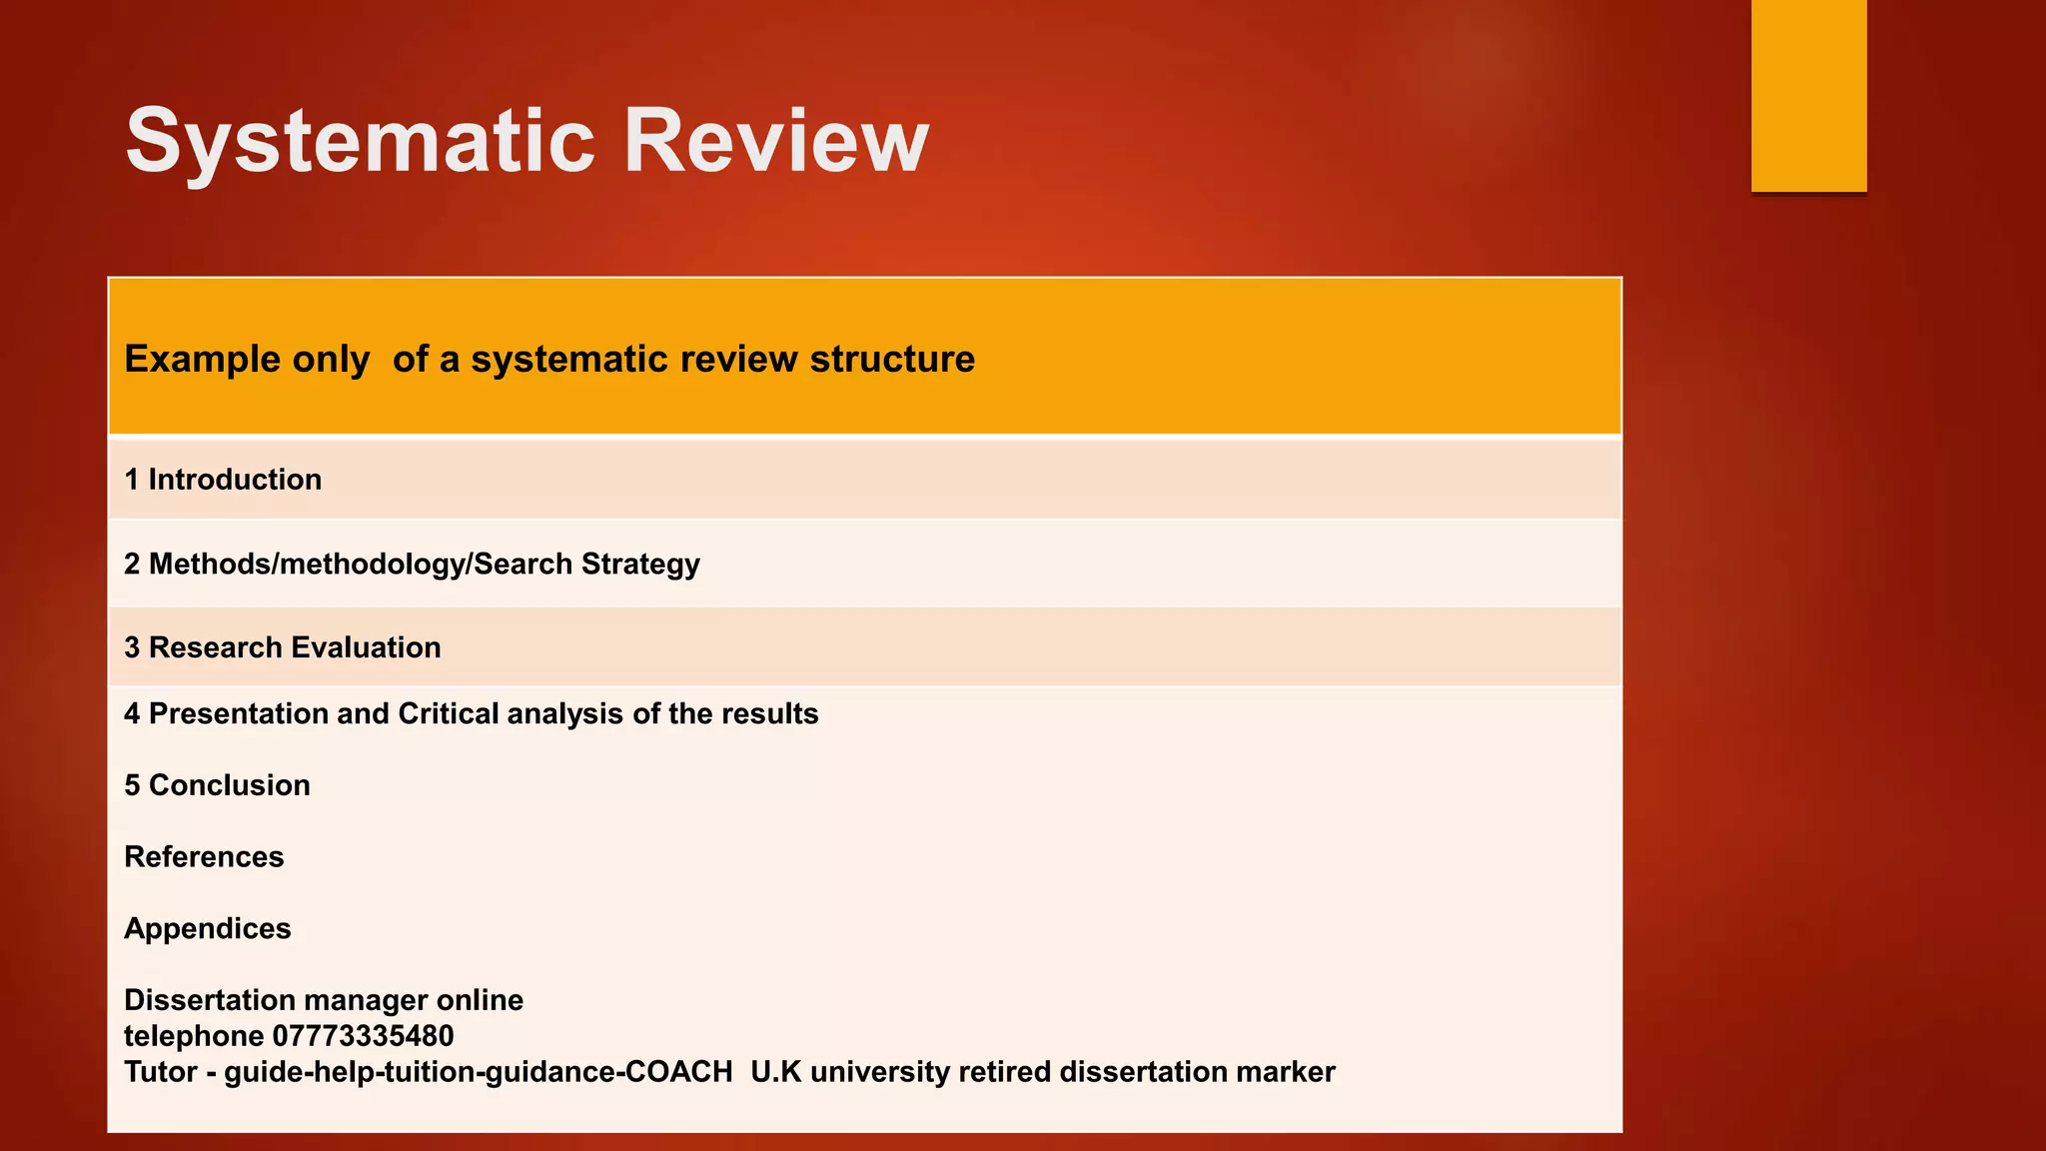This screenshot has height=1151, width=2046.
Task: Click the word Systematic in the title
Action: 360,142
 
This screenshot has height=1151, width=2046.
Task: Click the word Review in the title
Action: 776,142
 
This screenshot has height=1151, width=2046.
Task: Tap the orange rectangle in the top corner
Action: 1808,95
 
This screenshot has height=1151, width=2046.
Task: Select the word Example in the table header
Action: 190,360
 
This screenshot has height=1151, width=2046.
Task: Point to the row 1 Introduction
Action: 223,480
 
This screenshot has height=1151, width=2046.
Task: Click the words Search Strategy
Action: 586,565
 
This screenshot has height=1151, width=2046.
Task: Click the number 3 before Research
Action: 132,647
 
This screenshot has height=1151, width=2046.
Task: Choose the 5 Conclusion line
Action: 217,785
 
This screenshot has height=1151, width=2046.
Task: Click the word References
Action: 204,857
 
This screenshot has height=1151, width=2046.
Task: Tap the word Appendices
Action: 208,929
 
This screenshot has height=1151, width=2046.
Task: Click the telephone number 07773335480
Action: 363,1036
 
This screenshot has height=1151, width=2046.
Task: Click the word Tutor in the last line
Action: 160,1072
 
